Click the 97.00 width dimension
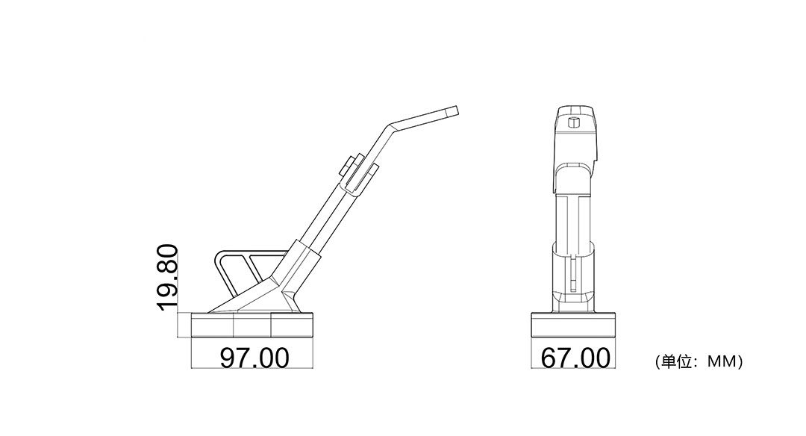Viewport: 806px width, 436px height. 254,358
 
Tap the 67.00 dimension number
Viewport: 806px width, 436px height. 575,358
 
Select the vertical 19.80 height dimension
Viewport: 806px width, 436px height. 168,277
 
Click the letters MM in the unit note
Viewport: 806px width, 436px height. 720,362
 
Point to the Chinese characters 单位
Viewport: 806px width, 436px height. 678,362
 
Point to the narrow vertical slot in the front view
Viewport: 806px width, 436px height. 572,272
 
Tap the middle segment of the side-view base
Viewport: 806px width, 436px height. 252,326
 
